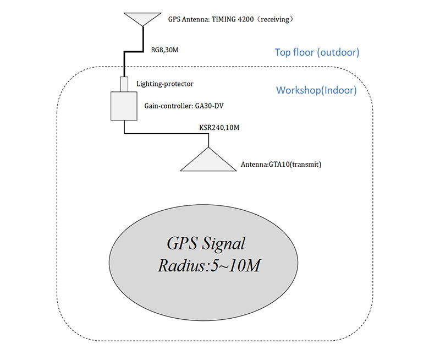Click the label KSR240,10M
(x=219, y=127)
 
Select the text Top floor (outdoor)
(x=317, y=53)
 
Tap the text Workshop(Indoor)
(x=316, y=90)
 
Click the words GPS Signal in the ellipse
(x=206, y=244)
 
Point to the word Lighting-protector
(x=164, y=84)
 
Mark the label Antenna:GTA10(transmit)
(x=280, y=164)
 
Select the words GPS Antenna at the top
(x=189, y=19)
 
